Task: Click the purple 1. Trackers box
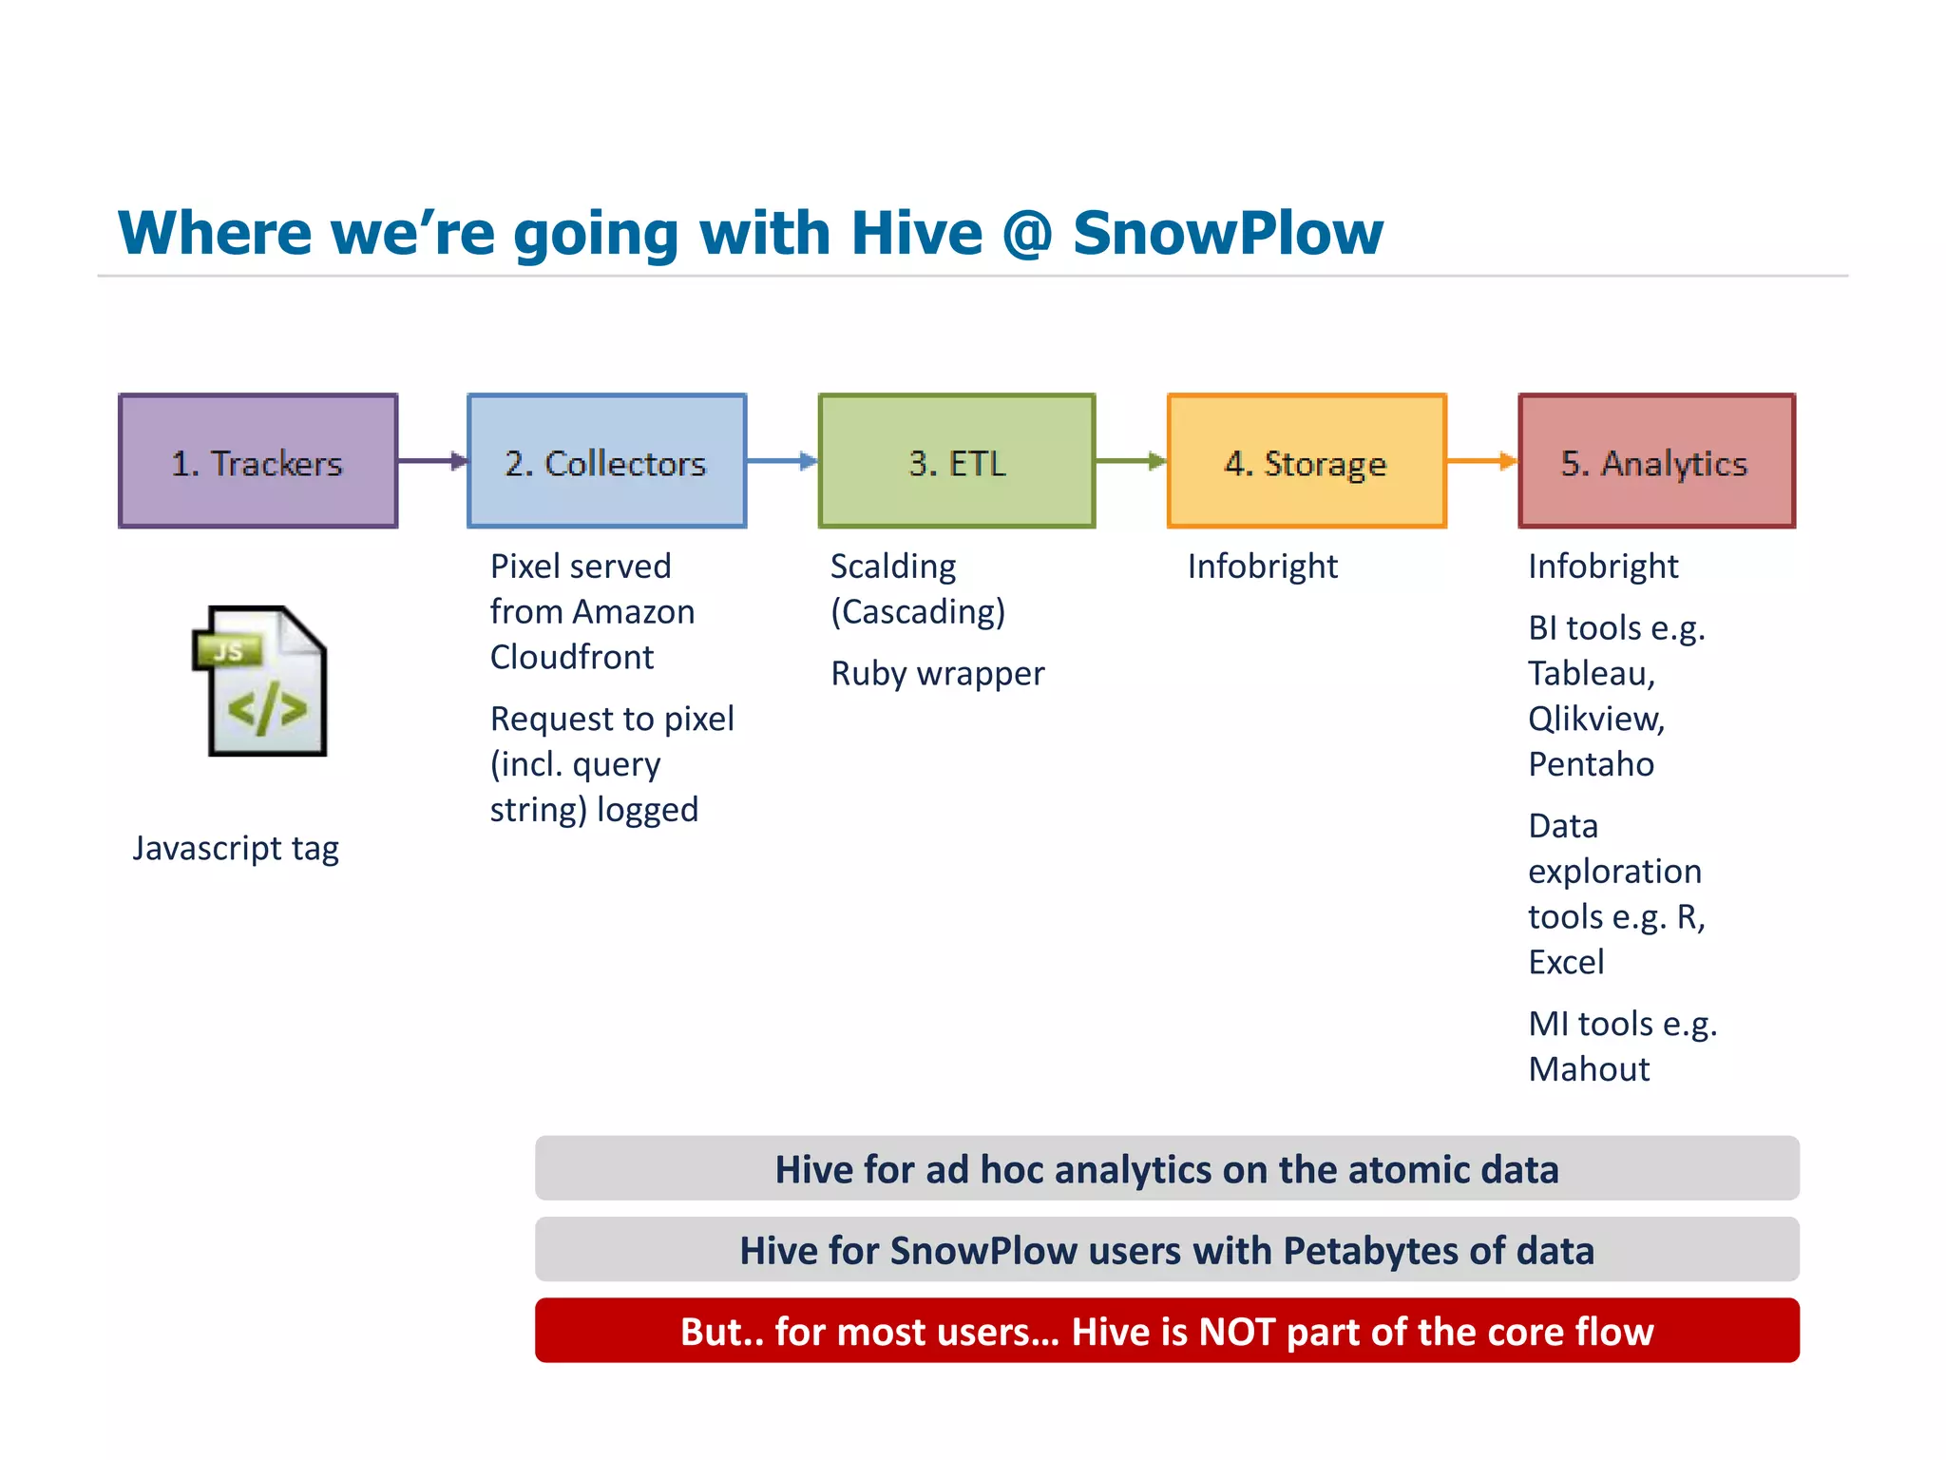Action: pos(258,461)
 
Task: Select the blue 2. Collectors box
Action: pos(606,461)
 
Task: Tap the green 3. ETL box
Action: pos(956,461)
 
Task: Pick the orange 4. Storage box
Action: pos(1307,461)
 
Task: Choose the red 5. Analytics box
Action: pos(1656,461)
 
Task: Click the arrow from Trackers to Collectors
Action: pos(432,461)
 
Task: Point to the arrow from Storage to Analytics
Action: pos(1481,461)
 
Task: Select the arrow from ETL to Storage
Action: pos(1131,461)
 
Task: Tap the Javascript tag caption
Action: pos(236,848)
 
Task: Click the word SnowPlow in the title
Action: pos(1228,233)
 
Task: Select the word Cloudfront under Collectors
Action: pos(571,657)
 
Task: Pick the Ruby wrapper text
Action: pos(937,673)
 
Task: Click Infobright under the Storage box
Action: pos(1262,567)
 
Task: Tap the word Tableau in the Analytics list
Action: pos(1591,673)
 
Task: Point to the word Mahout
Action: pos(1589,1069)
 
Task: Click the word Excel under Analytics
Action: pos(1566,962)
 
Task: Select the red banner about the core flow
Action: pos(1166,1331)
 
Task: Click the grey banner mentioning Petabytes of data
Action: pos(1166,1250)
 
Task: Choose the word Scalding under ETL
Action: pos(893,567)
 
